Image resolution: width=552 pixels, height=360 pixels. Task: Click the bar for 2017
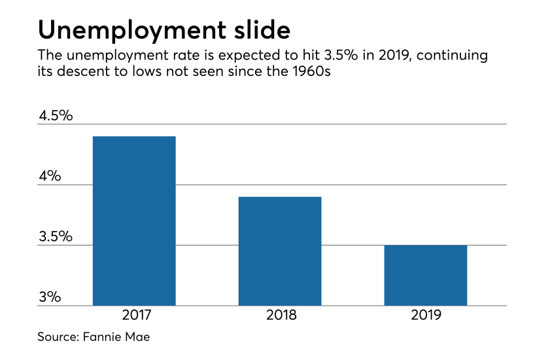tap(134, 221)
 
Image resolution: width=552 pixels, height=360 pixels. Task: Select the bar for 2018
tap(280, 251)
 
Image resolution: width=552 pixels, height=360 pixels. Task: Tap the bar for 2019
tap(425, 275)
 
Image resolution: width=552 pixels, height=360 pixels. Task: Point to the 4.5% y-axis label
tap(56, 116)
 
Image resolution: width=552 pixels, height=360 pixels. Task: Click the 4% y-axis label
tap(50, 176)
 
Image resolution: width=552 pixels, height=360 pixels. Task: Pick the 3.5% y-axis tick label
tap(56, 236)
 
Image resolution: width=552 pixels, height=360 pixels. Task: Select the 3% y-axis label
tap(50, 297)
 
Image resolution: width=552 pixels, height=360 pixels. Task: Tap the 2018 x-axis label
tap(281, 315)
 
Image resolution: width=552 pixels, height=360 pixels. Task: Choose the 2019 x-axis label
tap(426, 315)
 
